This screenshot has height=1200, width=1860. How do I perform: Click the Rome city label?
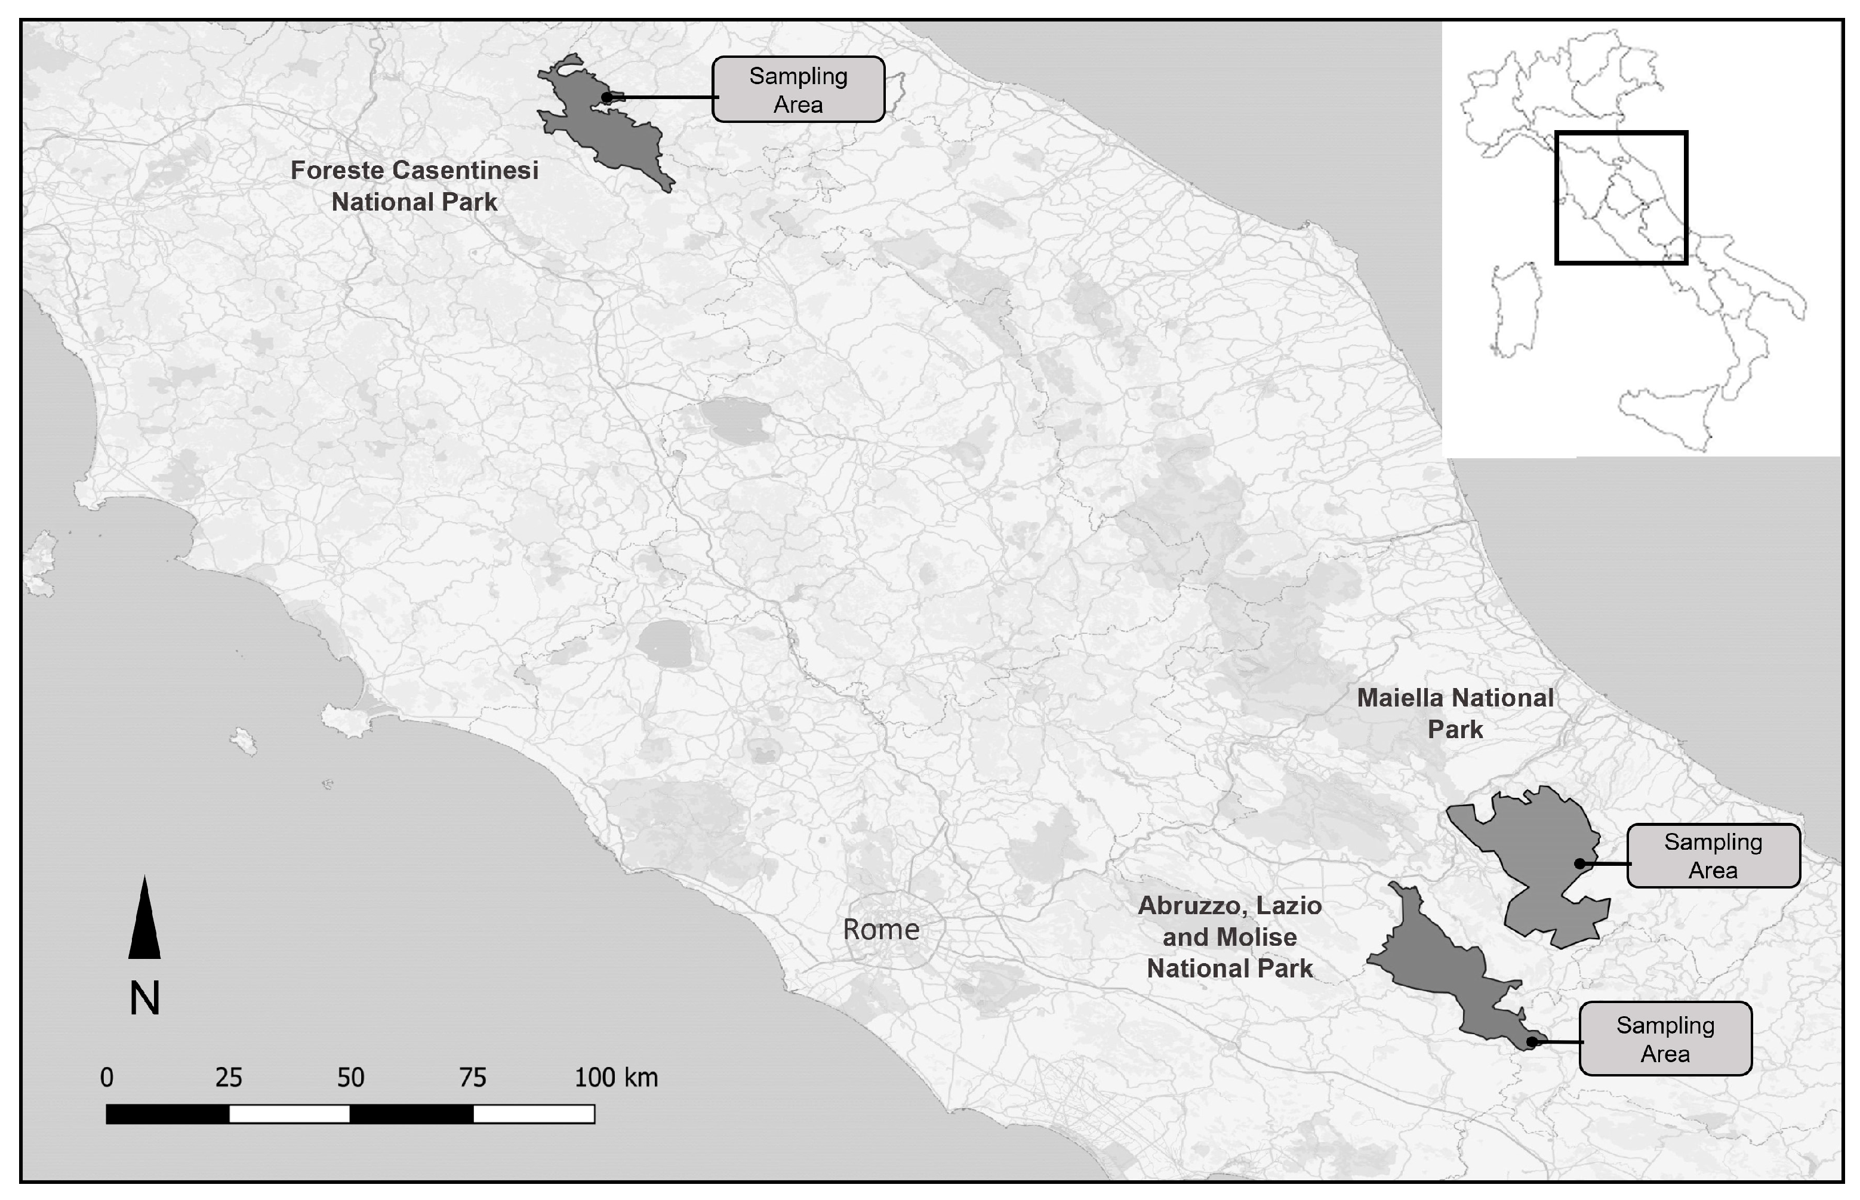point(881,929)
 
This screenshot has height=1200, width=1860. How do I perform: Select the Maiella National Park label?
point(1455,713)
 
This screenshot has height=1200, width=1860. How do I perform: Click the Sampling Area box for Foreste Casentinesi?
point(798,90)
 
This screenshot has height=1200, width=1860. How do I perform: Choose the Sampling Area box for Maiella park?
point(1713,856)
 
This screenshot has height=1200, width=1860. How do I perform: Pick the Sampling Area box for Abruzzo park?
point(1665,1039)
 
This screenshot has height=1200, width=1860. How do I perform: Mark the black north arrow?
point(144,920)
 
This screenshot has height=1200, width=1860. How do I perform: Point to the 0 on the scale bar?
point(107,1078)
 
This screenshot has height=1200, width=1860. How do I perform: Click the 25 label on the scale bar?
point(229,1078)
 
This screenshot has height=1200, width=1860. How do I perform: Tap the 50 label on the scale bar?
point(351,1078)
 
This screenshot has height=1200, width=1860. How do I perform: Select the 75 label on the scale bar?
point(472,1078)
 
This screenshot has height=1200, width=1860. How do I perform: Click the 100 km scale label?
point(616,1078)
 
